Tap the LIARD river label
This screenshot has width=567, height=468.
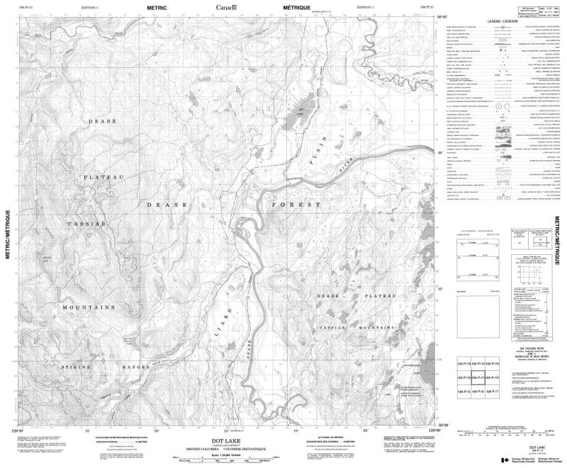point(221,325)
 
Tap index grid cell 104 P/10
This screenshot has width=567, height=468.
point(500,377)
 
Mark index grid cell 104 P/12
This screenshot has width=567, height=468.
point(462,377)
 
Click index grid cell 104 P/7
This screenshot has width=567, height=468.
point(500,392)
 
